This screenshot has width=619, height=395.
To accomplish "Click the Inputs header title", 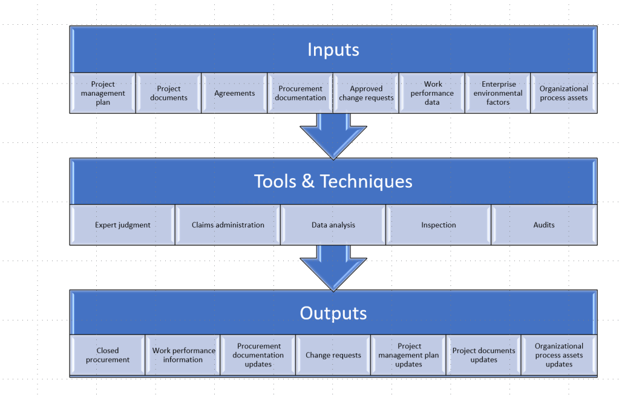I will coord(333,50).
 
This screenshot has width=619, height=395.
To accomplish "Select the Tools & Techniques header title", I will coord(333,181).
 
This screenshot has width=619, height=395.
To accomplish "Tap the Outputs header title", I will coord(333,313).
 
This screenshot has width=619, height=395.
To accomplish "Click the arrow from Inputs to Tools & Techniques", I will coord(333,137).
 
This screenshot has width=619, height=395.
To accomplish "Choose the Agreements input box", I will coord(234,93).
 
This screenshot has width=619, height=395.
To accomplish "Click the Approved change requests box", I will coord(366,93).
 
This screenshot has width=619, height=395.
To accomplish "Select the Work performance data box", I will coord(432,93).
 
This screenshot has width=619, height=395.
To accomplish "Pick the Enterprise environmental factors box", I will coord(497,93).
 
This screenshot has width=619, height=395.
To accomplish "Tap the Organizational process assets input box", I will coord(563,93).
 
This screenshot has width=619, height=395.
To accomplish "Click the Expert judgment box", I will coord(122,225).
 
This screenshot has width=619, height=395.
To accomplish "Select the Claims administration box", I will coord(228,225).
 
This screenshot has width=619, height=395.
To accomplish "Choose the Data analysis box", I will coord(333,225).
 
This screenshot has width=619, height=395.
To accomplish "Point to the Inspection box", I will coord(438,225).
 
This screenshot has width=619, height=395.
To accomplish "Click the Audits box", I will coord(543,225).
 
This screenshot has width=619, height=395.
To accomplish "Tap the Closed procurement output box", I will coord(107,355).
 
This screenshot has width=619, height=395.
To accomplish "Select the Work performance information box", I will coord(183,355).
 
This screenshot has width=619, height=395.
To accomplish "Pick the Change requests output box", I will coord(333,355).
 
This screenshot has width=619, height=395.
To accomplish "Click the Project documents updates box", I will coord(483,355).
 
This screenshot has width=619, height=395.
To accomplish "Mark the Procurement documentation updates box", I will coord(258,355).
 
